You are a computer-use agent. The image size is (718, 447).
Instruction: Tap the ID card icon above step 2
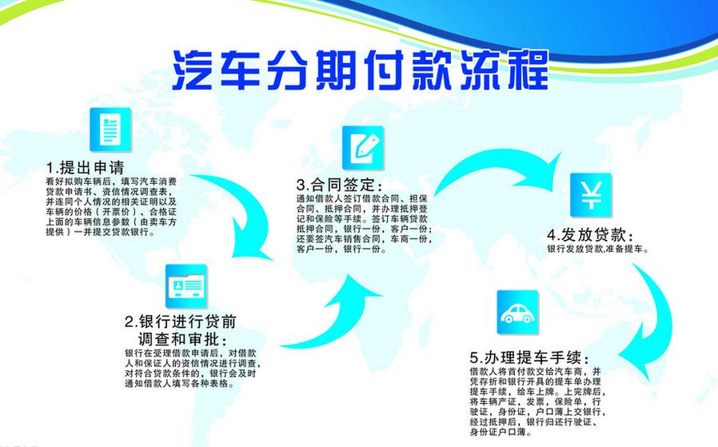click(x=185, y=285)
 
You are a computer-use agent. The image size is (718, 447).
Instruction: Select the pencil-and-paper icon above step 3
click(x=363, y=147)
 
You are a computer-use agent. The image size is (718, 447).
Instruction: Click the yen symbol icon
click(x=591, y=194)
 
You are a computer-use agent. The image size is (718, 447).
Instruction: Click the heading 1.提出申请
click(x=86, y=168)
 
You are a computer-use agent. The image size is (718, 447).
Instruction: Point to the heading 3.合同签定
click(x=335, y=183)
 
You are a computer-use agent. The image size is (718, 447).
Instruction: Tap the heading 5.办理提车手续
click(x=529, y=357)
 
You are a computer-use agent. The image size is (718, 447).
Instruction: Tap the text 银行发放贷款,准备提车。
click(x=597, y=250)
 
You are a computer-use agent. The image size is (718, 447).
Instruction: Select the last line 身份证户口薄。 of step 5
click(x=502, y=432)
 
